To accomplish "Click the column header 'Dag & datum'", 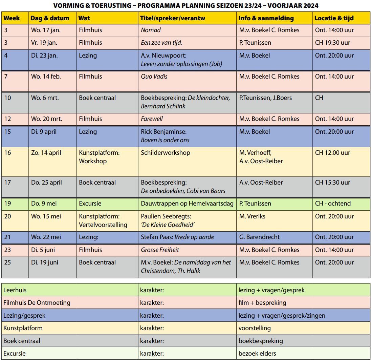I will [50, 18].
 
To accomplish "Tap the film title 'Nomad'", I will [151, 30].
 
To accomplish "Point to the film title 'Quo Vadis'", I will [154, 77].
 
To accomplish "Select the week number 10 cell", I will [7, 98].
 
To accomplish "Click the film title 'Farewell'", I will [152, 119].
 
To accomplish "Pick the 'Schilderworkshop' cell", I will [166, 153].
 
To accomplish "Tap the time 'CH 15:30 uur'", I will [332, 183].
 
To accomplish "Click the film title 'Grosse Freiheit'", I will [160, 250].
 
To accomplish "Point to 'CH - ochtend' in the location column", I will [333, 204].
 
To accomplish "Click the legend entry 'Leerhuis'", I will [15, 290].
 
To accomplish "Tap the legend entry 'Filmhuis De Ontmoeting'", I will [37, 303].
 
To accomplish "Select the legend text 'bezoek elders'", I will [257, 354].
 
